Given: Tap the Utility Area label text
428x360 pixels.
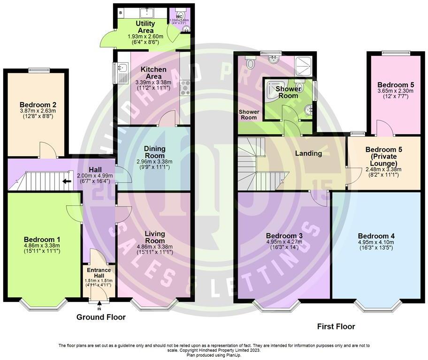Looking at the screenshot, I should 145,27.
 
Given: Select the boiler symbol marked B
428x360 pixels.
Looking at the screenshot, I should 121,10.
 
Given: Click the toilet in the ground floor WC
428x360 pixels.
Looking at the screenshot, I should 179,12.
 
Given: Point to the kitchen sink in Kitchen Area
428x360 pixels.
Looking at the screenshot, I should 123,72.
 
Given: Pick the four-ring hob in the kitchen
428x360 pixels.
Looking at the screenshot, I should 185,88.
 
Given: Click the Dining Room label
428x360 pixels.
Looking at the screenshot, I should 154,152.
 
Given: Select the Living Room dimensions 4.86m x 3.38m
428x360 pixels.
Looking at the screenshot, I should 154,247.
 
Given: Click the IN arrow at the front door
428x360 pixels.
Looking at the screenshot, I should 99,305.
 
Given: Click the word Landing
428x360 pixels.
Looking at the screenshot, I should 308,153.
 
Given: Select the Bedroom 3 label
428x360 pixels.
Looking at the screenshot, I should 283,235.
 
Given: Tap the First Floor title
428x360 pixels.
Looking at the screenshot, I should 336,327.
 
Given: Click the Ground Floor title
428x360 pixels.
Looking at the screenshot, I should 101,317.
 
